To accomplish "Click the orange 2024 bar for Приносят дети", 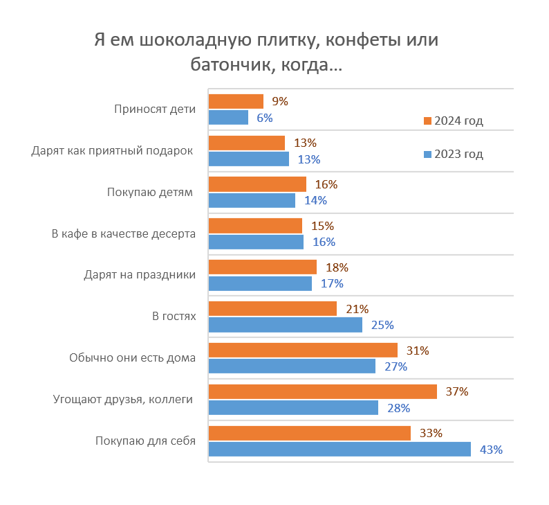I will (236, 101).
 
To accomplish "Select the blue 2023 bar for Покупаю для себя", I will (339, 450).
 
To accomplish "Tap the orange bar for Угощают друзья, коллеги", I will (322, 392).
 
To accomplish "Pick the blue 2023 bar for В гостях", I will (285, 325).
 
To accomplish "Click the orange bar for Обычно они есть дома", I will (303, 351).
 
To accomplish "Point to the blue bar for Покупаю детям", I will (252, 200).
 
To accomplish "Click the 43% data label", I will (491, 450).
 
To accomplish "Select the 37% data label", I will (457, 391).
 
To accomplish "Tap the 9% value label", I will (280, 101).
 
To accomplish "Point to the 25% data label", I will (382, 325).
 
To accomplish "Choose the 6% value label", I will (265, 118).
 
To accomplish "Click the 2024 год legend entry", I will (453, 121).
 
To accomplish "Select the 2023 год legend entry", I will (453, 154).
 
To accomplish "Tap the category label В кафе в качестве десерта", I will (124, 233).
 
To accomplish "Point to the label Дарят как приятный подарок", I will (112, 150).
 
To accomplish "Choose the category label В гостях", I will (174, 316).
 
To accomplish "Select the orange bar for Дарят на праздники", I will (262, 267).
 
